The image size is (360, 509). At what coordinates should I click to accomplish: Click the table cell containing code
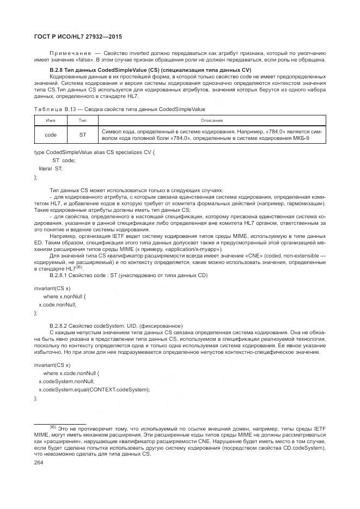tap(51, 134)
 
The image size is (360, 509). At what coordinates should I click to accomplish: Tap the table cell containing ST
tap(83, 134)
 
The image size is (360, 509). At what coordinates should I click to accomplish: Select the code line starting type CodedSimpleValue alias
tap(94, 152)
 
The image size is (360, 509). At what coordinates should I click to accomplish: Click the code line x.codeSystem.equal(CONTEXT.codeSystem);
tap(94, 390)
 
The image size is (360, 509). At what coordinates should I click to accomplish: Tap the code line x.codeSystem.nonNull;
tap(66, 382)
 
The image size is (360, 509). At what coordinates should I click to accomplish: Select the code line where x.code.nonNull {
tap(71, 373)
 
